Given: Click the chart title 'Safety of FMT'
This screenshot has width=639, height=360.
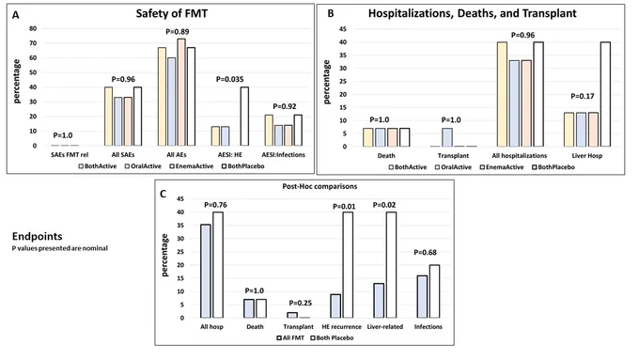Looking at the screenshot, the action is click(172, 13).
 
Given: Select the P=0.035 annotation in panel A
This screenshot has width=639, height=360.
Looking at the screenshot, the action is click(230, 79).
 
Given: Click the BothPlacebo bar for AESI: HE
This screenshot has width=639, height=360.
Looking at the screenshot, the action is click(244, 117).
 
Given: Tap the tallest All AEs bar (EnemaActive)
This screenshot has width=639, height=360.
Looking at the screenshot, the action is click(181, 92).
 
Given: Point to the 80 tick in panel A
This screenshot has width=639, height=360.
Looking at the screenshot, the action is click(33, 28).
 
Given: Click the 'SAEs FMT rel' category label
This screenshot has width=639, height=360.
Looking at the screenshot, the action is click(70, 155).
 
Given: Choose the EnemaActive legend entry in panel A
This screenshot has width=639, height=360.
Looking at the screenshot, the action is click(192, 166).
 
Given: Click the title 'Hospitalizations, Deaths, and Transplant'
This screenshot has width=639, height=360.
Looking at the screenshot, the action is click(473, 13).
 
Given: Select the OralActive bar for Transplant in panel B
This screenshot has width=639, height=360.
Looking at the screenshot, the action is click(447, 137).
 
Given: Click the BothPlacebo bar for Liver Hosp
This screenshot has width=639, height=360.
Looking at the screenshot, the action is click(604, 94).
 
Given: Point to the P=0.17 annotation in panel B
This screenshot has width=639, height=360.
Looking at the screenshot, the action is click(583, 96).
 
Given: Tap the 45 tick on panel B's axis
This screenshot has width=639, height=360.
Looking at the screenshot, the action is click(343, 29).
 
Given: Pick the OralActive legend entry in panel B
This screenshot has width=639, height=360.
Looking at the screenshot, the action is click(453, 167).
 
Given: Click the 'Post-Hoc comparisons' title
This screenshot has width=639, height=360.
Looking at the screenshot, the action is click(319, 186).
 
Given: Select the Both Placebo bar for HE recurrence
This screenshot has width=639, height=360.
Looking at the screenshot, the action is click(348, 265).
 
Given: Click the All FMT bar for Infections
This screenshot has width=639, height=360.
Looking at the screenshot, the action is click(422, 297).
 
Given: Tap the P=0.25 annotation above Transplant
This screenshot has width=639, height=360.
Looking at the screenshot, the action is click(301, 303).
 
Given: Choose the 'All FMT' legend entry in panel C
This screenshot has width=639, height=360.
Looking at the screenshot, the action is click(290, 337).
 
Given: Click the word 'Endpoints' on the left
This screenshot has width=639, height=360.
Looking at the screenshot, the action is click(37, 237).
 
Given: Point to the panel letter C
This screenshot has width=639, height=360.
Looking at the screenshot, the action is click(163, 194).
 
